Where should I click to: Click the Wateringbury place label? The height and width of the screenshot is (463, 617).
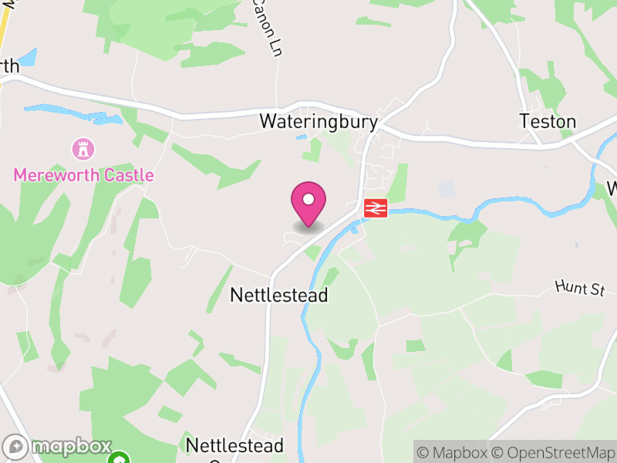point(319,122)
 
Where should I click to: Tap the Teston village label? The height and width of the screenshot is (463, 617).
point(548,122)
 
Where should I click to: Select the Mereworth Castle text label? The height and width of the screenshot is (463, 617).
point(83,175)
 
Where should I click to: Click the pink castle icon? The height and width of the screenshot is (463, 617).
point(82,147)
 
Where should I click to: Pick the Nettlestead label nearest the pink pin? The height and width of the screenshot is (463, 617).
point(279,296)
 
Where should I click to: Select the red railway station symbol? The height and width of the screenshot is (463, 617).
point(375,208)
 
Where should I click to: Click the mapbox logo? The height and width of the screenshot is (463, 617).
point(57,447)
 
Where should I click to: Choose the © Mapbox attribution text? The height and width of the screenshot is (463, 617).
point(455,452)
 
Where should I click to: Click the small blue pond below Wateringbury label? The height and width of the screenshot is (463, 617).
point(302,137)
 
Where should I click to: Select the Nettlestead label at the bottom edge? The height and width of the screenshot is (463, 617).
point(234,446)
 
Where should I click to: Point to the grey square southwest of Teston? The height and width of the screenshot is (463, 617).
point(447,188)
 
